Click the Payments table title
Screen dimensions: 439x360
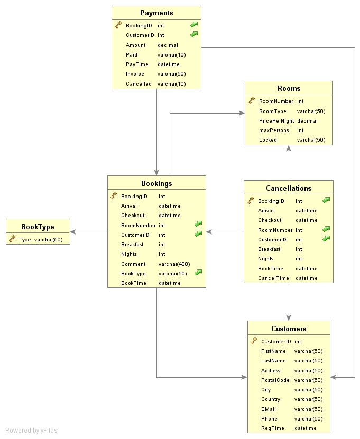point(156,13)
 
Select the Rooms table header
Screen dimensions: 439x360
point(289,88)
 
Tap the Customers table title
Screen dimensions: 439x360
point(289,329)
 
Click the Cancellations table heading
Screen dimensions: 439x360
point(289,188)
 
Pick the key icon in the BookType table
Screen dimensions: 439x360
point(12,239)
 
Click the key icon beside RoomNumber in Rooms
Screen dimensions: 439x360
point(252,101)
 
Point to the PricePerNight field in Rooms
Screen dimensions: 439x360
point(276,120)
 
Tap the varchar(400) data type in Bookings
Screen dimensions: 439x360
point(174,264)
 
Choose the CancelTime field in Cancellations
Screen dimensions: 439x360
point(273,278)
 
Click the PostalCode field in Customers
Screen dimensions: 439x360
point(275,380)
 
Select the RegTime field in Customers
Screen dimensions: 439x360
point(272,428)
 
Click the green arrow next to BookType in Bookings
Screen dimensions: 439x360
point(198,273)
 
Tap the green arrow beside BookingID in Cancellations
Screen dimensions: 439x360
point(326,200)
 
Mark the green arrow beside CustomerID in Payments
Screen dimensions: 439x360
point(194,34)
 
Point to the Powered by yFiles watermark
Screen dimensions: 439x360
point(31,431)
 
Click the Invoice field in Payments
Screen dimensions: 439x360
point(135,74)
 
